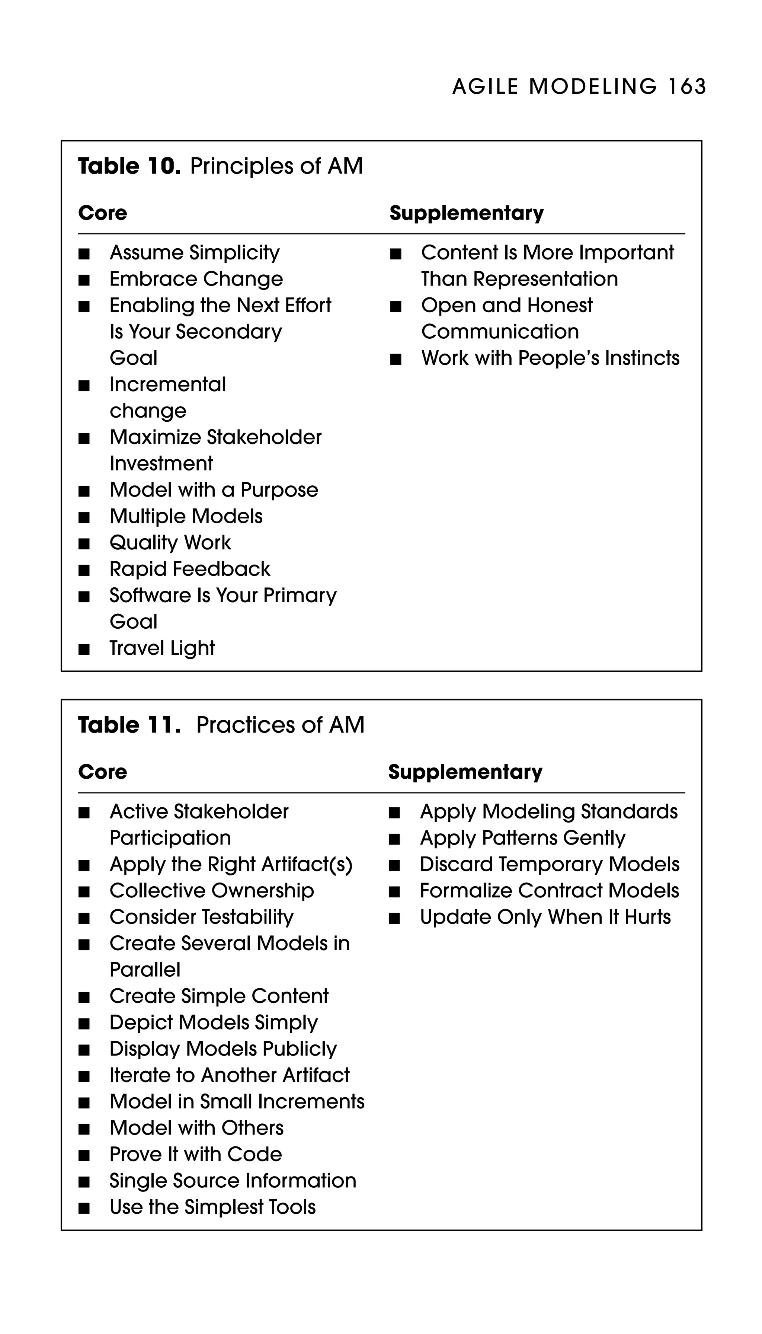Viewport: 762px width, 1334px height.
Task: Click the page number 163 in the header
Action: click(686, 86)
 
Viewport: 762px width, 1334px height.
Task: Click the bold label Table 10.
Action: click(129, 166)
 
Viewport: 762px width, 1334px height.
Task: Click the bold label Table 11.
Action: click(129, 725)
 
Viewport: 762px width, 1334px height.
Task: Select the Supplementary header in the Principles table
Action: click(466, 213)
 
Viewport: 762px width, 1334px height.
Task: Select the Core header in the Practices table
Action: click(103, 772)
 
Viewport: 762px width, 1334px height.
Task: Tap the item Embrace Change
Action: click(196, 279)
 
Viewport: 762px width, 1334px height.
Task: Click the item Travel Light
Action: click(162, 648)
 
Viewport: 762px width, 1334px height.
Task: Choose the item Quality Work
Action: click(170, 543)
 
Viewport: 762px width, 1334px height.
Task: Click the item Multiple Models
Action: click(186, 516)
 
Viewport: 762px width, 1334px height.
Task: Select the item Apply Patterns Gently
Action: click(522, 838)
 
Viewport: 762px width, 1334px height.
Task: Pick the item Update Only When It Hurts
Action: click(545, 917)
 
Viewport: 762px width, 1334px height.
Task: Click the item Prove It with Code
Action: click(195, 1155)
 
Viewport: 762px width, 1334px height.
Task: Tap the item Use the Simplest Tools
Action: click(212, 1207)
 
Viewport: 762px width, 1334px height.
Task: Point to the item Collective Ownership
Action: click(211, 891)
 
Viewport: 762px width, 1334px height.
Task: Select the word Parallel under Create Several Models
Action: click(145, 970)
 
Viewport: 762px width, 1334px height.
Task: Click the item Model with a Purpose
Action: click(214, 490)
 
